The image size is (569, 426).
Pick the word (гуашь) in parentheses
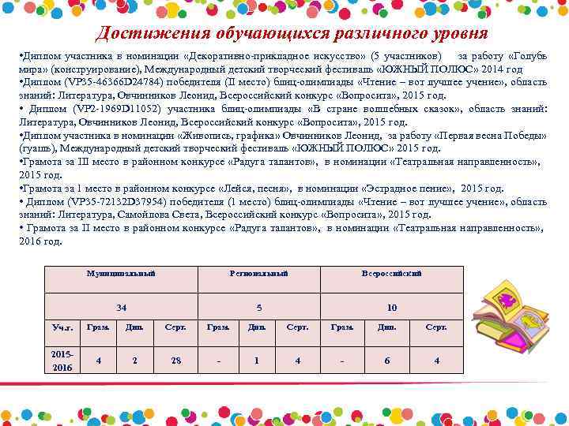(36, 148)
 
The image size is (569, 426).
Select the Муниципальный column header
(121, 273)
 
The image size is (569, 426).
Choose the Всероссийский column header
(391, 273)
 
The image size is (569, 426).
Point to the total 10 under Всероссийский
(392, 308)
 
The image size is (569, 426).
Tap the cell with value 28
(176, 361)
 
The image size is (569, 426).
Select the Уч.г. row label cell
(62, 327)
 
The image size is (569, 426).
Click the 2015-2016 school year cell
(62, 361)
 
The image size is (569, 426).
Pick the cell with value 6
(387, 361)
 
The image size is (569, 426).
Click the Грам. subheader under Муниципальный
(98, 327)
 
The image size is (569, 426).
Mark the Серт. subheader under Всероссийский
(436, 327)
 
